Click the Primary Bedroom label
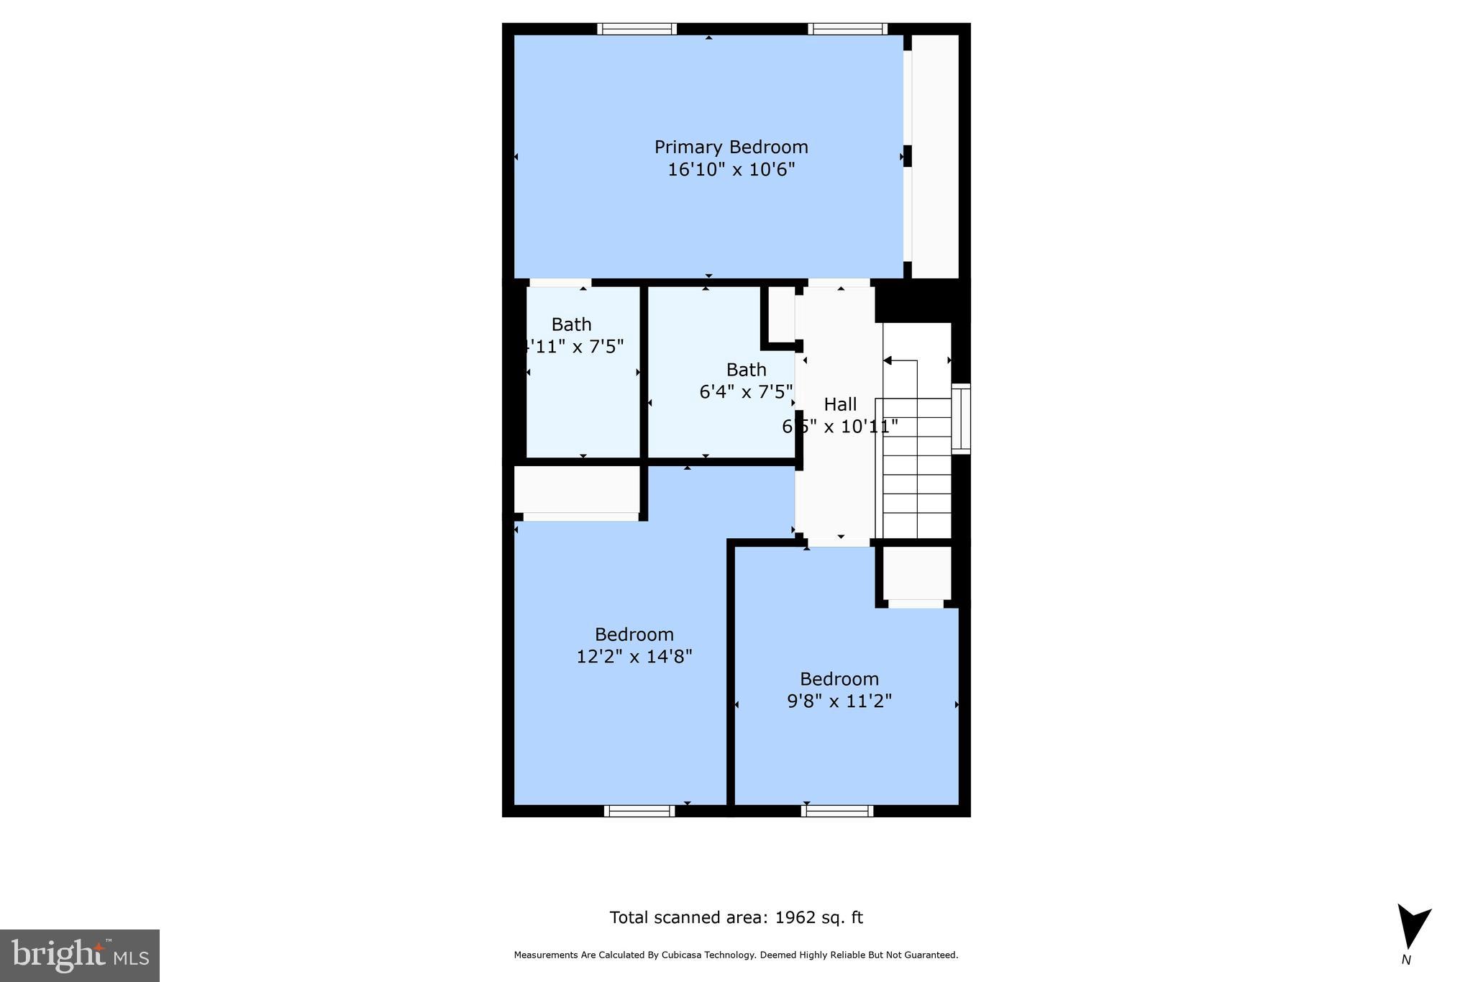(731, 147)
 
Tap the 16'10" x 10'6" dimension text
(731, 170)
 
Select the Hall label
(839, 404)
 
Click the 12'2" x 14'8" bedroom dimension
(634, 657)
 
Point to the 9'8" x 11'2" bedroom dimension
(839, 701)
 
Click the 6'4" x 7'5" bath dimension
(746, 392)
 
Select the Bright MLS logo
(80, 955)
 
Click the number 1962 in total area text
(795, 918)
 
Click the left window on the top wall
(637, 29)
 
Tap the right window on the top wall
(847, 29)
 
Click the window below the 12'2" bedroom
(639, 811)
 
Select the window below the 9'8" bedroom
(837, 811)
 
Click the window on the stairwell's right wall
(961, 419)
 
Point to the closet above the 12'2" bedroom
(577, 489)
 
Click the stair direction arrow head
(888, 360)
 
